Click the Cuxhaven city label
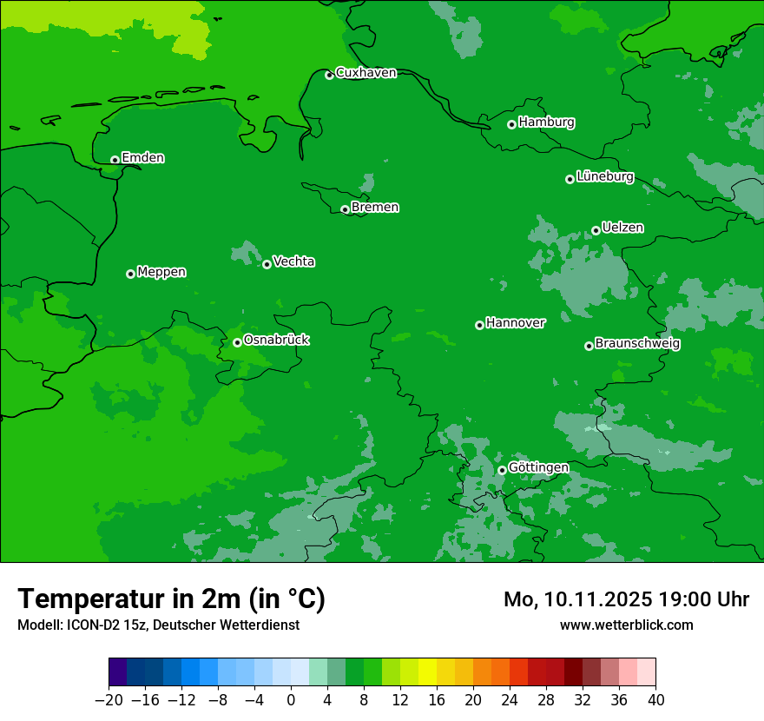pyautogui.click(x=366, y=73)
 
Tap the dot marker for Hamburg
pyautogui.click(x=512, y=124)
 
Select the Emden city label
pyautogui.click(x=142, y=158)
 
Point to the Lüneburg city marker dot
pyautogui.click(x=570, y=179)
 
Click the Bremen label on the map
pyautogui.click(x=375, y=208)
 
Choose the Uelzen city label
pyautogui.click(x=622, y=228)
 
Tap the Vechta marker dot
pyautogui.click(x=267, y=264)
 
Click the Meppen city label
pyautogui.click(x=161, y=272)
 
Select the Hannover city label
pyautogui.click(x=516, y=323)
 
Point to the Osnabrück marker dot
pyautogui.click(x=237, y=342)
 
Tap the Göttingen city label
pyautogui.click(x=538, y=468)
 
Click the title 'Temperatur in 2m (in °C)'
pyautogui.click(x=171, y=599)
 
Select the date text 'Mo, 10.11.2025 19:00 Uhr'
pyautogui.click(x=626, y=599)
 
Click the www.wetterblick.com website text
pyautogui.click(x=626, y=625)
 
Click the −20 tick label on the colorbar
pyautogui.click(x=109, y=699)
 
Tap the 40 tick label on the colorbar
pyautogui.click(x=655, y=699)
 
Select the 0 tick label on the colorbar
pyautogui.click(x=291, y=699)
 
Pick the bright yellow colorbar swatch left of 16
pyautogui.click(x=427, y=672)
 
